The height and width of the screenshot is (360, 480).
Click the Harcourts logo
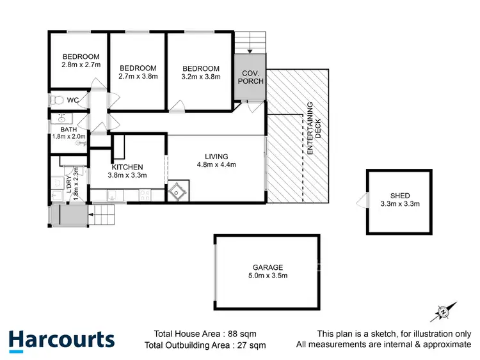coord(61,340)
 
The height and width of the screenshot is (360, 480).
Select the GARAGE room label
coord(267,267)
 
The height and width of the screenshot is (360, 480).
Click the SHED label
coord(400,196)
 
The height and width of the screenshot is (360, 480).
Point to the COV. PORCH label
coord(249,77)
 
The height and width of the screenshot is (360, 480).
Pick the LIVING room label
coord(216,157)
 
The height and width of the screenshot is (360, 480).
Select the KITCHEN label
coord(127,167)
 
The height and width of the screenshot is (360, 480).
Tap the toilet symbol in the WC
coord(57,100)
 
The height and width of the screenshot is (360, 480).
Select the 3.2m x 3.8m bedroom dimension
coord(200,77)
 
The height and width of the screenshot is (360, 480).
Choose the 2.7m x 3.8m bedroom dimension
coord(138,76)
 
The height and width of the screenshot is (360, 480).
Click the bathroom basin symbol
coord(61,119)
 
